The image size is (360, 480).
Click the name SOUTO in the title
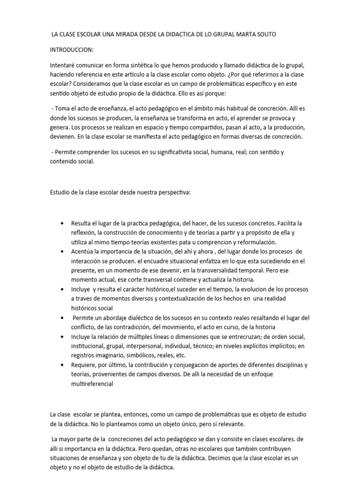[264, 35]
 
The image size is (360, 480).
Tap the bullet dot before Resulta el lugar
[63, 224]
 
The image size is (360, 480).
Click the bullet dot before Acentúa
[63, 252]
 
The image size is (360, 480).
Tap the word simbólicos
[145, 355]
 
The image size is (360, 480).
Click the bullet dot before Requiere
[63, 365]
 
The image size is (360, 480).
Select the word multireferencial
[92, 383]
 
